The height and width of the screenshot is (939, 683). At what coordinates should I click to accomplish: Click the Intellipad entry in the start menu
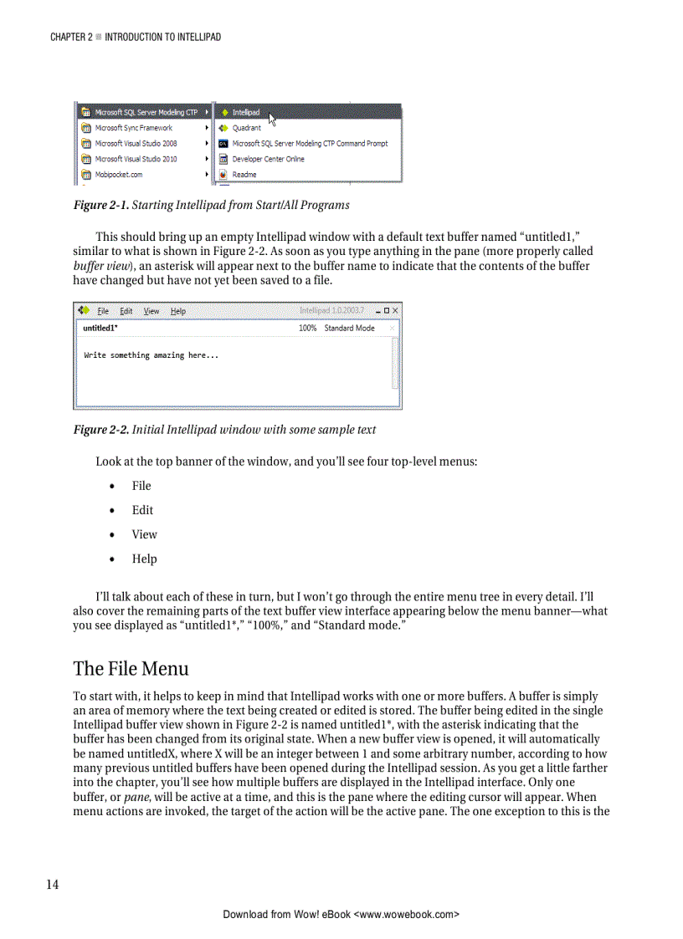click(245, 112)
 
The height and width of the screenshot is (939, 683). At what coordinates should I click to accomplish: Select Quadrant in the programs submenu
click(246, 128)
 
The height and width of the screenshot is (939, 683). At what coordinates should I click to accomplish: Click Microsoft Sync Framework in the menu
click(133, 128)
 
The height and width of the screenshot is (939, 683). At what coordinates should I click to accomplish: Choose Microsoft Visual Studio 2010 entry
click(136, 159)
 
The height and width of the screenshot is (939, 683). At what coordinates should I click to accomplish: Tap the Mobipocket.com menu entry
click(118, 175)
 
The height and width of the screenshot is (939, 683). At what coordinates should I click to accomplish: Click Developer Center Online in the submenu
click(268, 159)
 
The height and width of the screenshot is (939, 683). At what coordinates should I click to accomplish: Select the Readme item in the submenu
click(244, 175)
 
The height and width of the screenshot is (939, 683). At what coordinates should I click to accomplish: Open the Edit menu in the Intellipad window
click(126, 311)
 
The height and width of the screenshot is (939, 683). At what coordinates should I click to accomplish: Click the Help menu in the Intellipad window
click(178, 311)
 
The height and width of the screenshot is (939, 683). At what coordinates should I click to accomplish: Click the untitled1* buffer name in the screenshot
click(100, 329)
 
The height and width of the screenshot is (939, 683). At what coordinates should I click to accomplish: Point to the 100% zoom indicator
click(307, 329)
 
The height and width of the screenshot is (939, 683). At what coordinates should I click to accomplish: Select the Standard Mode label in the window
click(349, 329)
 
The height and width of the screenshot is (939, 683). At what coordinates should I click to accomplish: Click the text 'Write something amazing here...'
click(151, 355)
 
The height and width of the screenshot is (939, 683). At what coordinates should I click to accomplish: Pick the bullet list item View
click(144, 534)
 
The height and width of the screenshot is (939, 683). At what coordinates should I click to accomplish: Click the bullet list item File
click(141, 486)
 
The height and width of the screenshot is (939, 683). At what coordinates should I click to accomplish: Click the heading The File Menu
click(131, 669)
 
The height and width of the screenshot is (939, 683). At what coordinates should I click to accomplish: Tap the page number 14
click(52, 885)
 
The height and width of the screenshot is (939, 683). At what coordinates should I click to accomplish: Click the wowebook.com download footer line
click(341, 915)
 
